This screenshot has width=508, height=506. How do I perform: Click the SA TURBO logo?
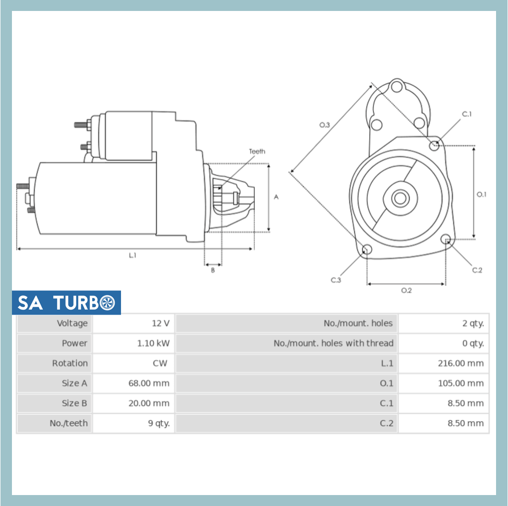click(x=66, y=302)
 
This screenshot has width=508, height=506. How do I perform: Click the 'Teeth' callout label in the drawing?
click(x=257, y=151)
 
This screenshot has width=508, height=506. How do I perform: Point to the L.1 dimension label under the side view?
click(x=132, y=255)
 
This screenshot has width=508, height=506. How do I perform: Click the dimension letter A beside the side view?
click(x=276, y=197)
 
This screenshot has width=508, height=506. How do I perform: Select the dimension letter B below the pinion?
click(x=213, y=270)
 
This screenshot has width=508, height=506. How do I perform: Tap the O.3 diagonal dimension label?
click(x=324, y=125)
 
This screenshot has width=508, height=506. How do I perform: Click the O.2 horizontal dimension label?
click(x=406, y=290)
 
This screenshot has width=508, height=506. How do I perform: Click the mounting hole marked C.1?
click(x=434, y=145)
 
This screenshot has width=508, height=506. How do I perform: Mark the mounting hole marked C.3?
click(x=367, y=249)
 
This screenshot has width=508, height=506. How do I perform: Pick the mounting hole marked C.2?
click(x=446, y=240)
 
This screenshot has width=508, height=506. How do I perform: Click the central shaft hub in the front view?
click(x=399, y=198)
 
